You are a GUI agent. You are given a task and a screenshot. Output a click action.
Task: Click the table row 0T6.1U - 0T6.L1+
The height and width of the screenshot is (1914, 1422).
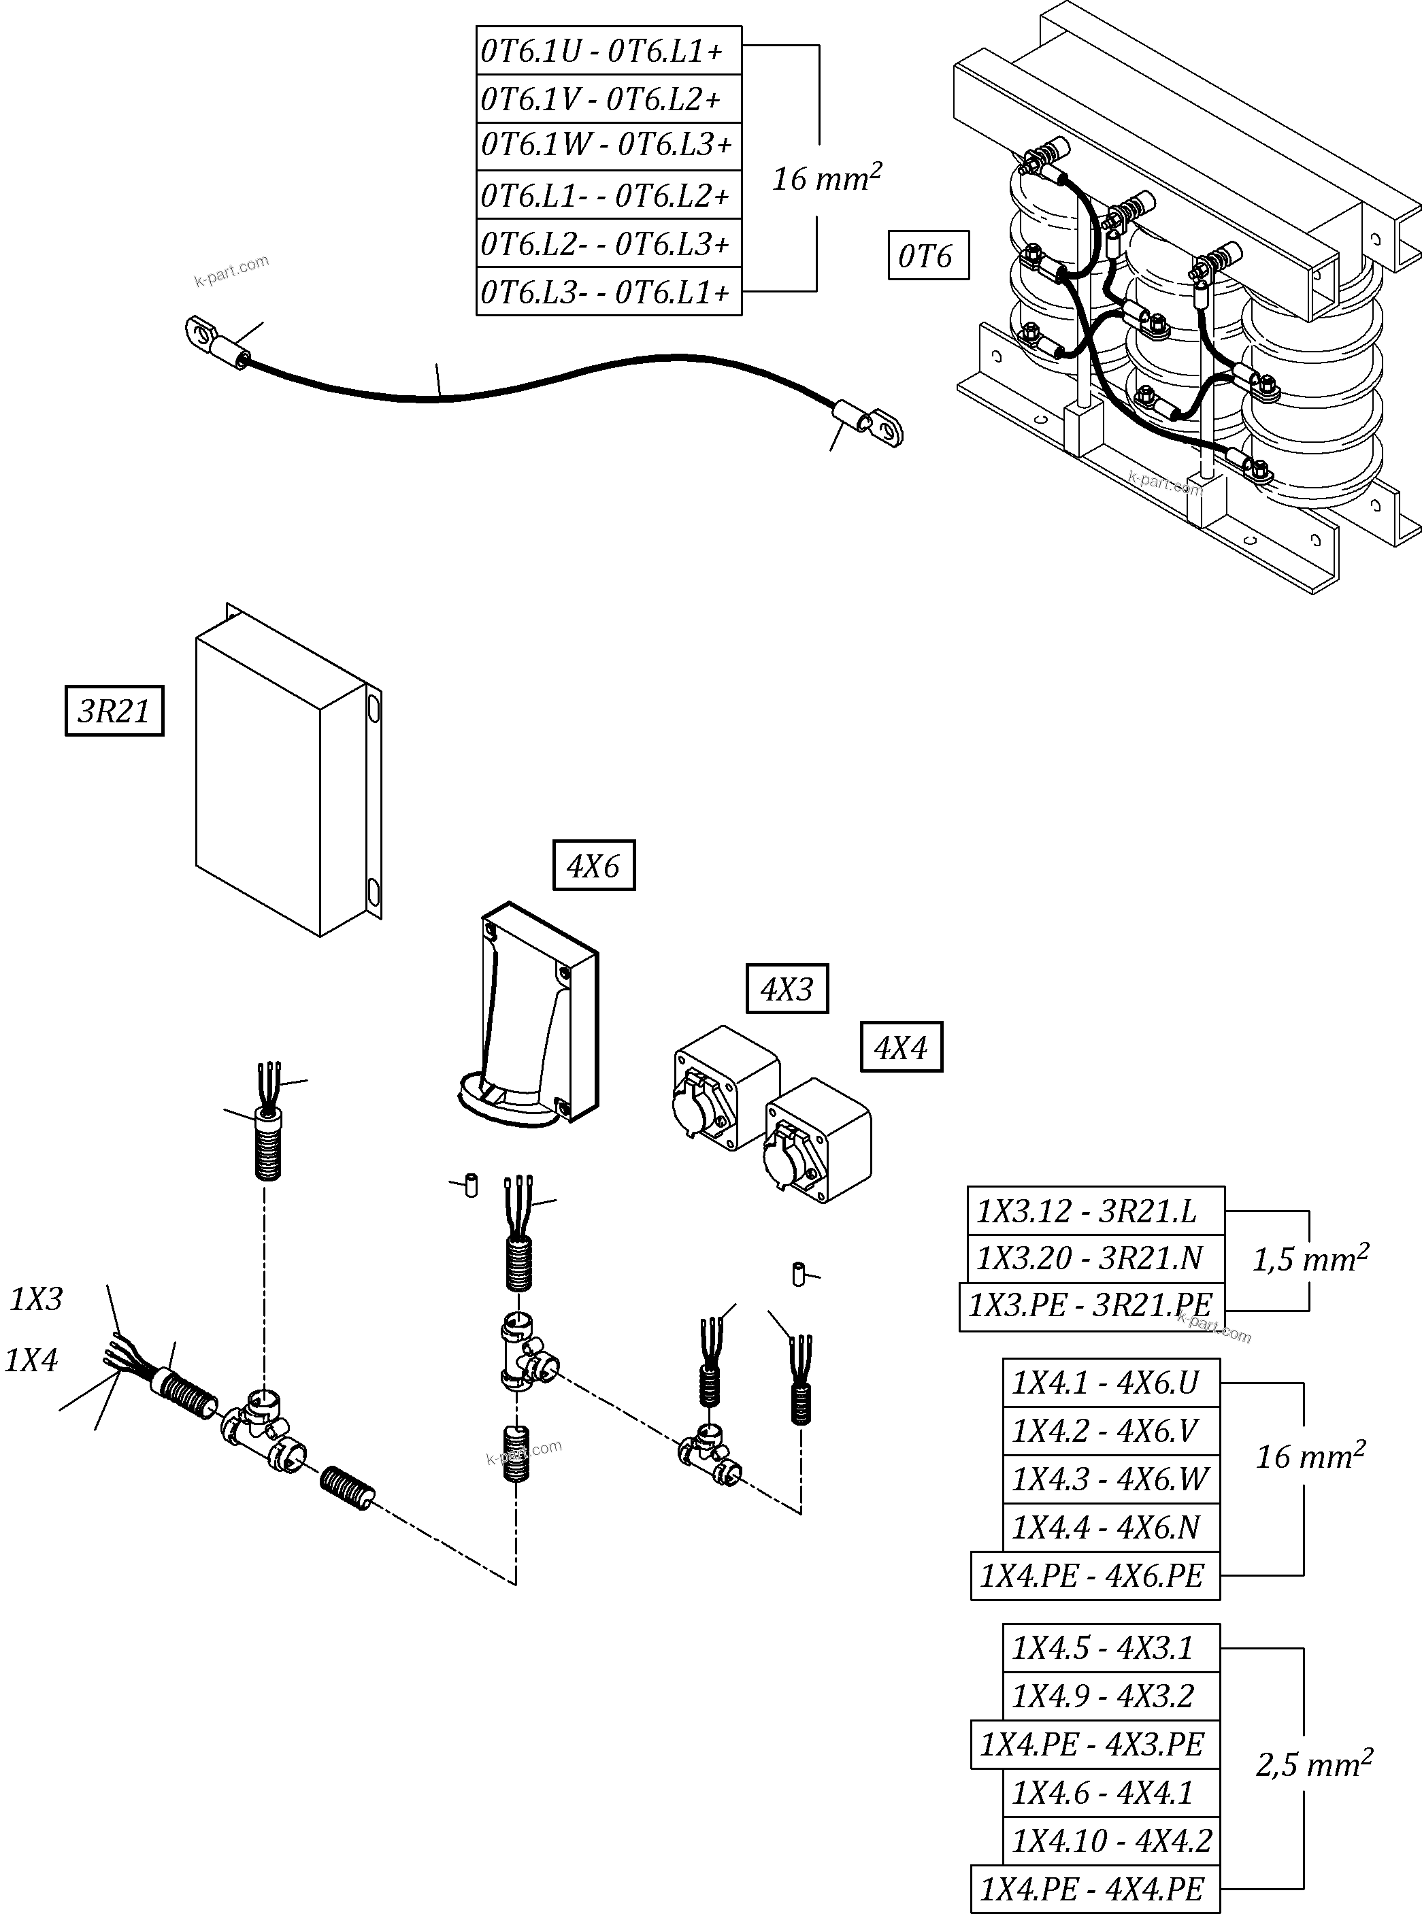[x=608, y=51]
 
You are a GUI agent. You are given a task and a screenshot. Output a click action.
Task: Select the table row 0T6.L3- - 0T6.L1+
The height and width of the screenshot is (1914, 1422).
[x=608, y=292]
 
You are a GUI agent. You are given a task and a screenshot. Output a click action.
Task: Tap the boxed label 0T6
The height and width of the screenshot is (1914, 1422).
[x=928, y=256]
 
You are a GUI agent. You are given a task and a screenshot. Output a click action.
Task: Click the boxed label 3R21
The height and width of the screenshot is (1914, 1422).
[x=114, y=711]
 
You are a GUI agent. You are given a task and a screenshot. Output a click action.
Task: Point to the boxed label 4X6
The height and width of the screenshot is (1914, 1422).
[x=593, y=866]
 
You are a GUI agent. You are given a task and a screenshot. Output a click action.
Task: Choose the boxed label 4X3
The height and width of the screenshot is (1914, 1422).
[x=787, y=989]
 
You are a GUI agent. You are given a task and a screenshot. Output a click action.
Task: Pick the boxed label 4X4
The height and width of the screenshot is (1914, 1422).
[x=902, y=1047]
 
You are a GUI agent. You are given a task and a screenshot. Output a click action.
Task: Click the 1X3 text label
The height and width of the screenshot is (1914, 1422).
[x=36, y=1298]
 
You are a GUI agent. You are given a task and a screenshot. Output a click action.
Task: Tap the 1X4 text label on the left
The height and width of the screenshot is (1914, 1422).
[x=32, y=1360]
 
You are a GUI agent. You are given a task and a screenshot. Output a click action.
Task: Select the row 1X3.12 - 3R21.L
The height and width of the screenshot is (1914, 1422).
[x=1095, y=1211]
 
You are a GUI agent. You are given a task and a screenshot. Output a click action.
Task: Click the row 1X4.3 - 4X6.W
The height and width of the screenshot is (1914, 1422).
[x=1110, y=1479]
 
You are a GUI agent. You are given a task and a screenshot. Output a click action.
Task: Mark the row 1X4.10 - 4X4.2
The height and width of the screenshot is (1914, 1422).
[x=1110, y=1841]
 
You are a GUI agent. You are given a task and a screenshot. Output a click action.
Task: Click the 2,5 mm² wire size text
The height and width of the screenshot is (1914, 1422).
[x=1312, y=1764]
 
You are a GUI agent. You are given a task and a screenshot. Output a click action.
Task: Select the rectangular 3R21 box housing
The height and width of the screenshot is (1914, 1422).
[x=276, y=775]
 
